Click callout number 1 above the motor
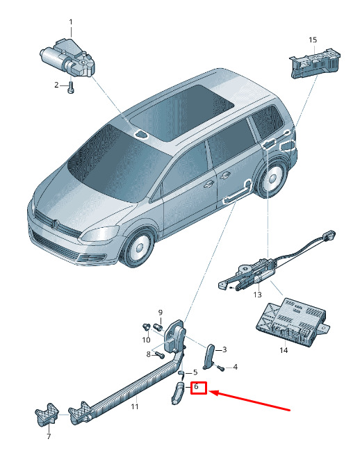tap(71, 22)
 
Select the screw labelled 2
tap(71, 88)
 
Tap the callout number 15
tap(313, 40)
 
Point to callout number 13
tap(257, 295)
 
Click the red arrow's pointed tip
tap(209, 392)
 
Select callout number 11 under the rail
tap(135, 406)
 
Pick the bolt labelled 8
tap(160, 355)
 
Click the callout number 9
tap(161, 313)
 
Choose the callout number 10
tap(146, 340)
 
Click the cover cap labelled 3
tap(208, 356)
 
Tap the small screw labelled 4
tap(220, 368)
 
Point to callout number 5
tap(195, 372)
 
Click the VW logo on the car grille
tap(55, 224)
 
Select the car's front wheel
tap(138, 247)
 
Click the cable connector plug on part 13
tap(329, 235)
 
